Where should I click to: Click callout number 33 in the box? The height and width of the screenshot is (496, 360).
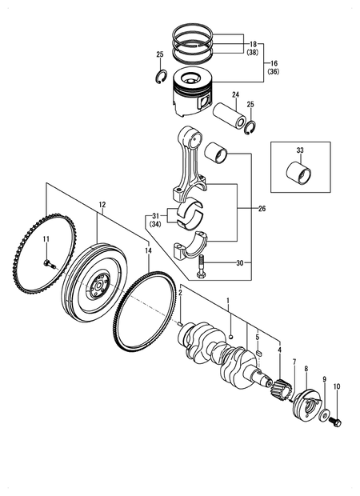[x=299, y=150]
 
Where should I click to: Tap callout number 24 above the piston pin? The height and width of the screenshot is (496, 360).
[x=236, y=95]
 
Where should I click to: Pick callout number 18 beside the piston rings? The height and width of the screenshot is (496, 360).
[x=253, y=44]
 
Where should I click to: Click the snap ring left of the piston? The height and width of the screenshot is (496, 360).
[x=161, y=76]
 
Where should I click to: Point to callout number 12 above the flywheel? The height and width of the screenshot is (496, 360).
[x=102, y=206]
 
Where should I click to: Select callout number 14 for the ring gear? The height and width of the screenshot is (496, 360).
[x=148, y=250]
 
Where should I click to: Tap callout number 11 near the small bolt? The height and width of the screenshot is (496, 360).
[x=46, y=240]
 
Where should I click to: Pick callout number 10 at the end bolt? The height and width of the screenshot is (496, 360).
[x=336, y=387]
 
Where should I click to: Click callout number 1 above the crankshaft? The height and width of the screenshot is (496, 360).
[x=228, y=301]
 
